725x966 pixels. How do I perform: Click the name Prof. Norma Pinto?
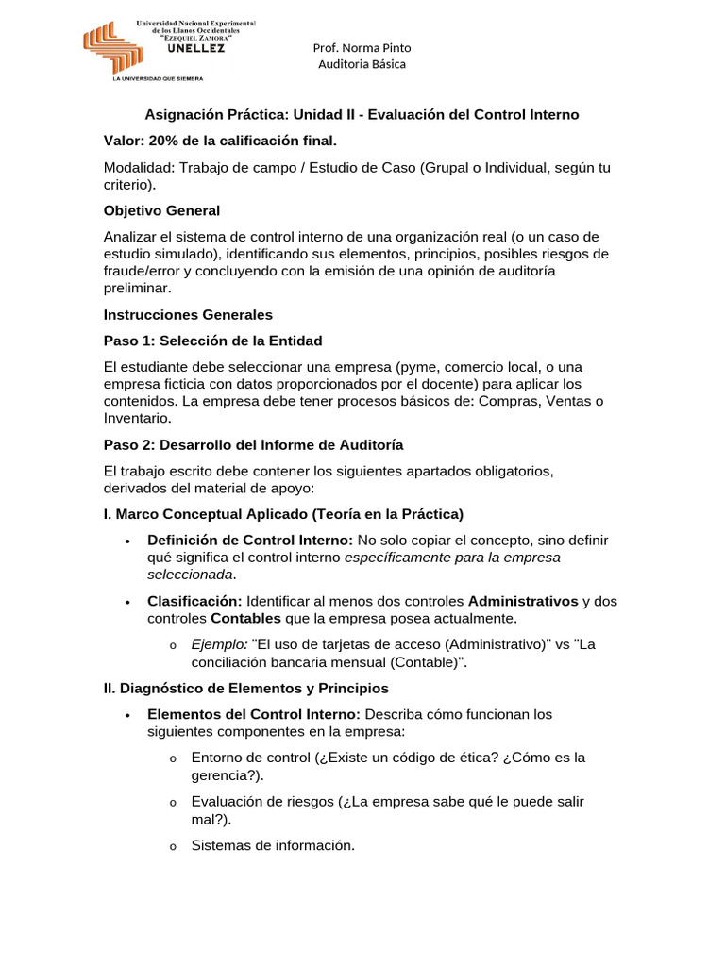[x=362, y=47]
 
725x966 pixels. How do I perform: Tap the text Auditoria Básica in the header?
[x=362, y=64]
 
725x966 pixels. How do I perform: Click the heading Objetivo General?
[x=161, y=210]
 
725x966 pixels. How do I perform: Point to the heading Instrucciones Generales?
[x=188, y=314]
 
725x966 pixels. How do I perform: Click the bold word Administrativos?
[x=523, y=601]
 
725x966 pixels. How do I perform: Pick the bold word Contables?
[x=245, y=618]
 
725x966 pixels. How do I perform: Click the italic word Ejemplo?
[x=219, y=644]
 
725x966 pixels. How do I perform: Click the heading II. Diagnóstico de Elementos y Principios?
[x=245, y=689]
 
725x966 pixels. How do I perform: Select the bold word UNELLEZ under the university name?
[x=195, y=50]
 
